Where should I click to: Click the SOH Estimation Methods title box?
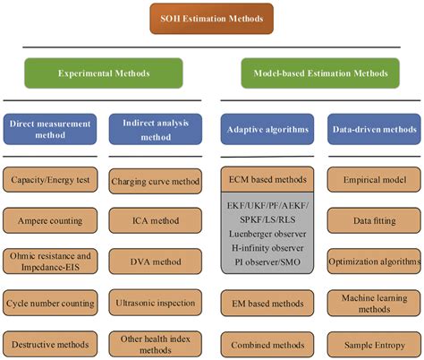click(211, 17)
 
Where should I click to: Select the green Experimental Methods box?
click(104, 73)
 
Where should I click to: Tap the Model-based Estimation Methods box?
click(319, 73)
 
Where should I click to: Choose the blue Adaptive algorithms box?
click(266, 128)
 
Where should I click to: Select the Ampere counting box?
click(51, 219)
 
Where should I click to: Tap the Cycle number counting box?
click(51, 303)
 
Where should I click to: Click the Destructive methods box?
click(51, 343)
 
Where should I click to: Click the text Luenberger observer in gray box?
click(266, 235)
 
